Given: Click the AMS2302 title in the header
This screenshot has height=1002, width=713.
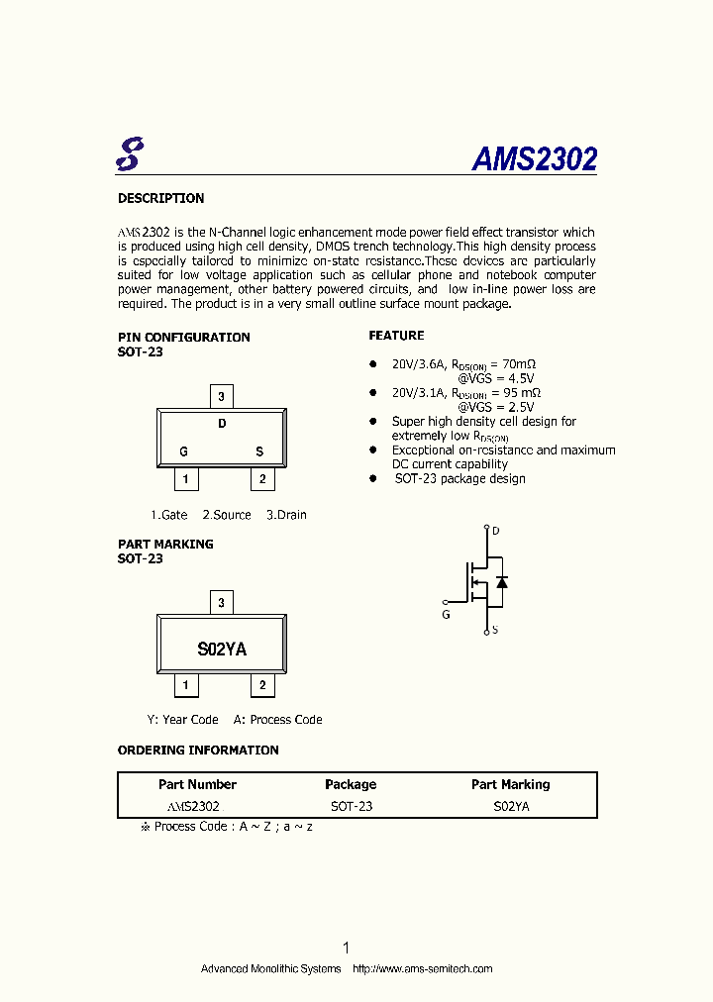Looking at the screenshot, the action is click(x=534, y=159).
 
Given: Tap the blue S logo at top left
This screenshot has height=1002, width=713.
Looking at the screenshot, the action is click(x=129, y=152).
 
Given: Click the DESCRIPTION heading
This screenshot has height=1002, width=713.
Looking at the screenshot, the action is click(x=160, y=198).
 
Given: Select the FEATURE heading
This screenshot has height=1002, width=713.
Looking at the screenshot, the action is click(x=396, y=336).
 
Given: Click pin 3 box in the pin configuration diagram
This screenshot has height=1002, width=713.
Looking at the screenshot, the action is click(x=222, y=397).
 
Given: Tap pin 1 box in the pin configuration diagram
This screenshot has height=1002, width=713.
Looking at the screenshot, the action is click(x=185, y=480).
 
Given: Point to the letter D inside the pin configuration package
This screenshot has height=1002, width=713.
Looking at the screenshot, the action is click(x=222, y=424).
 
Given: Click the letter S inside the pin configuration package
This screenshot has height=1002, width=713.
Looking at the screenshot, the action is click(x=259, y=451).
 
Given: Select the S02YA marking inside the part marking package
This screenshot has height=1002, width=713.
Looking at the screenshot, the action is click(x=222, y=650).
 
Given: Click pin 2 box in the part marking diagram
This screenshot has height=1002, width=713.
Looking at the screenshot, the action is click(x=262, y=685).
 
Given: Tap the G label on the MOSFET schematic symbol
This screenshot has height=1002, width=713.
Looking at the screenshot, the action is click(x=446, y=615).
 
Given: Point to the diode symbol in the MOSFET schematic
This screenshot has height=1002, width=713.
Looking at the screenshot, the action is click(x=502, y=582).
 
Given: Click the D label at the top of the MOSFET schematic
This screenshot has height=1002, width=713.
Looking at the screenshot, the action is click(x=496, y=531).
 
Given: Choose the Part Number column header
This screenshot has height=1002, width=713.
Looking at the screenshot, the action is click(x=197, y=784).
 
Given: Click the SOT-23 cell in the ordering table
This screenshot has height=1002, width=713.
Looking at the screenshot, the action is click(x=352, y=806).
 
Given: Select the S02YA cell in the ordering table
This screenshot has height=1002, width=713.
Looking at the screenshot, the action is click(x=511, y=806).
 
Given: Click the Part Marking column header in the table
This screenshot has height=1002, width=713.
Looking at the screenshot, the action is click(x=510, y=784).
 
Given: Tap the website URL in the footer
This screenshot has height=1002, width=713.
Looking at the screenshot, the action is click(x=423, y=968).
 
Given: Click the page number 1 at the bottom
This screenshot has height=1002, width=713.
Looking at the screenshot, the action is click(x=346, y=948).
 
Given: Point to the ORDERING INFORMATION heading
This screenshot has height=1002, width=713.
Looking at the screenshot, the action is click(x=198, y=751).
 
